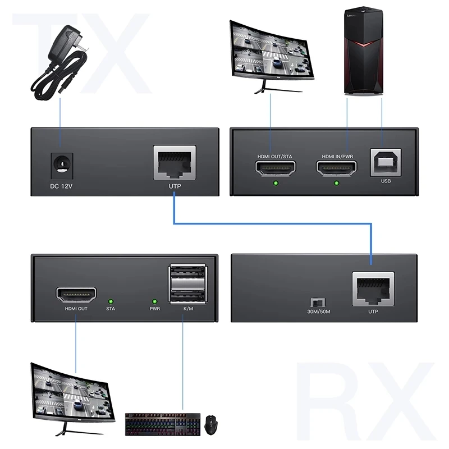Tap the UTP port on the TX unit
[175, 163]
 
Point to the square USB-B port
[385, 163]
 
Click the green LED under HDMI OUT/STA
[275, 183]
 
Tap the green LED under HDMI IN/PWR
[337, 183]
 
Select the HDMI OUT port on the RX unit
[76, 294]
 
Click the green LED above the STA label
[111, 301]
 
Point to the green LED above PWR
[154, 301]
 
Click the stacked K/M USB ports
[187, 283]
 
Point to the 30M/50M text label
[318, 313]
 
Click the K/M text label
[187, 309]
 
